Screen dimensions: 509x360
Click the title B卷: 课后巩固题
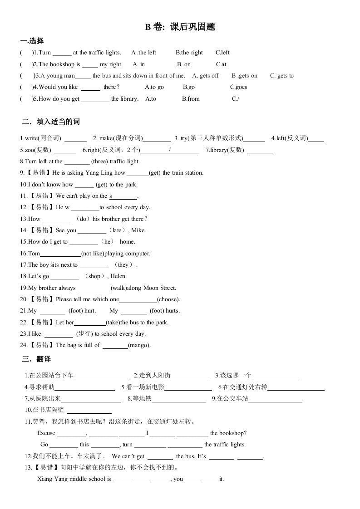pos(180,27)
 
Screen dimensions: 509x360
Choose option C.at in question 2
pos(221,64)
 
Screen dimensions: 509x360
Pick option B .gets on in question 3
pos(244,76)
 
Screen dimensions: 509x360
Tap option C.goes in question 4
pos(238,87)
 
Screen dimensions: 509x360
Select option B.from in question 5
pos(191,98)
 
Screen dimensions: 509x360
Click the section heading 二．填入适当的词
pos(51,122)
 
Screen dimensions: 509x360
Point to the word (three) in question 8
pos(99,161)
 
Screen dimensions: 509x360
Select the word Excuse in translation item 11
pos(46,433)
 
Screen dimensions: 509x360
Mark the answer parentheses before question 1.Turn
pos(27,53)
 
